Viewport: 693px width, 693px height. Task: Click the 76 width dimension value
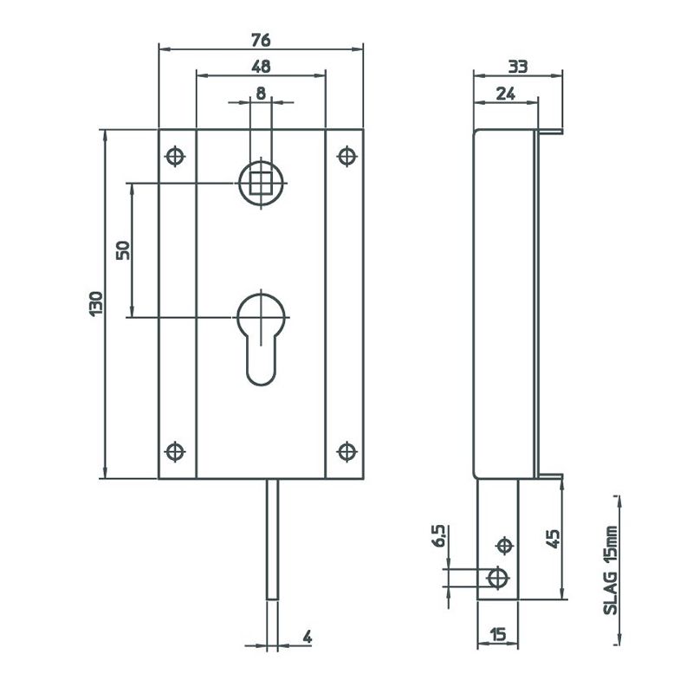pyautogui.click(x=261, y=40)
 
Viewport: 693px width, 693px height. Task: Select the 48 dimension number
pyautogui.click(x=261, y=67)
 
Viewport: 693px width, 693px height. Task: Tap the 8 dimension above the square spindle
pyautogui.click(x=261, y=94)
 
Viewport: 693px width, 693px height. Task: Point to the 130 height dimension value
pyautogui.click(x=96, y=303)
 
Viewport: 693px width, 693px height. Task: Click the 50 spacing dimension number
pyautogui.click(x=123, y=250)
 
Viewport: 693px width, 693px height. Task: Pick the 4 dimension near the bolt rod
pyautogui.click(x=308, y=637)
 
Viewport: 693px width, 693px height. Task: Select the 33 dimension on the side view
pyautogui.click(x=517, y=67)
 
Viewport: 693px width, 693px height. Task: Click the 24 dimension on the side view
pyautogui.click(x=506, y=94)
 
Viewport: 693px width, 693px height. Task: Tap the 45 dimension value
pyautogui.click(x=553, y=538)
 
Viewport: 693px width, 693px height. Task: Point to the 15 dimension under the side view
pyautogui.click(x=498, y=635)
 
